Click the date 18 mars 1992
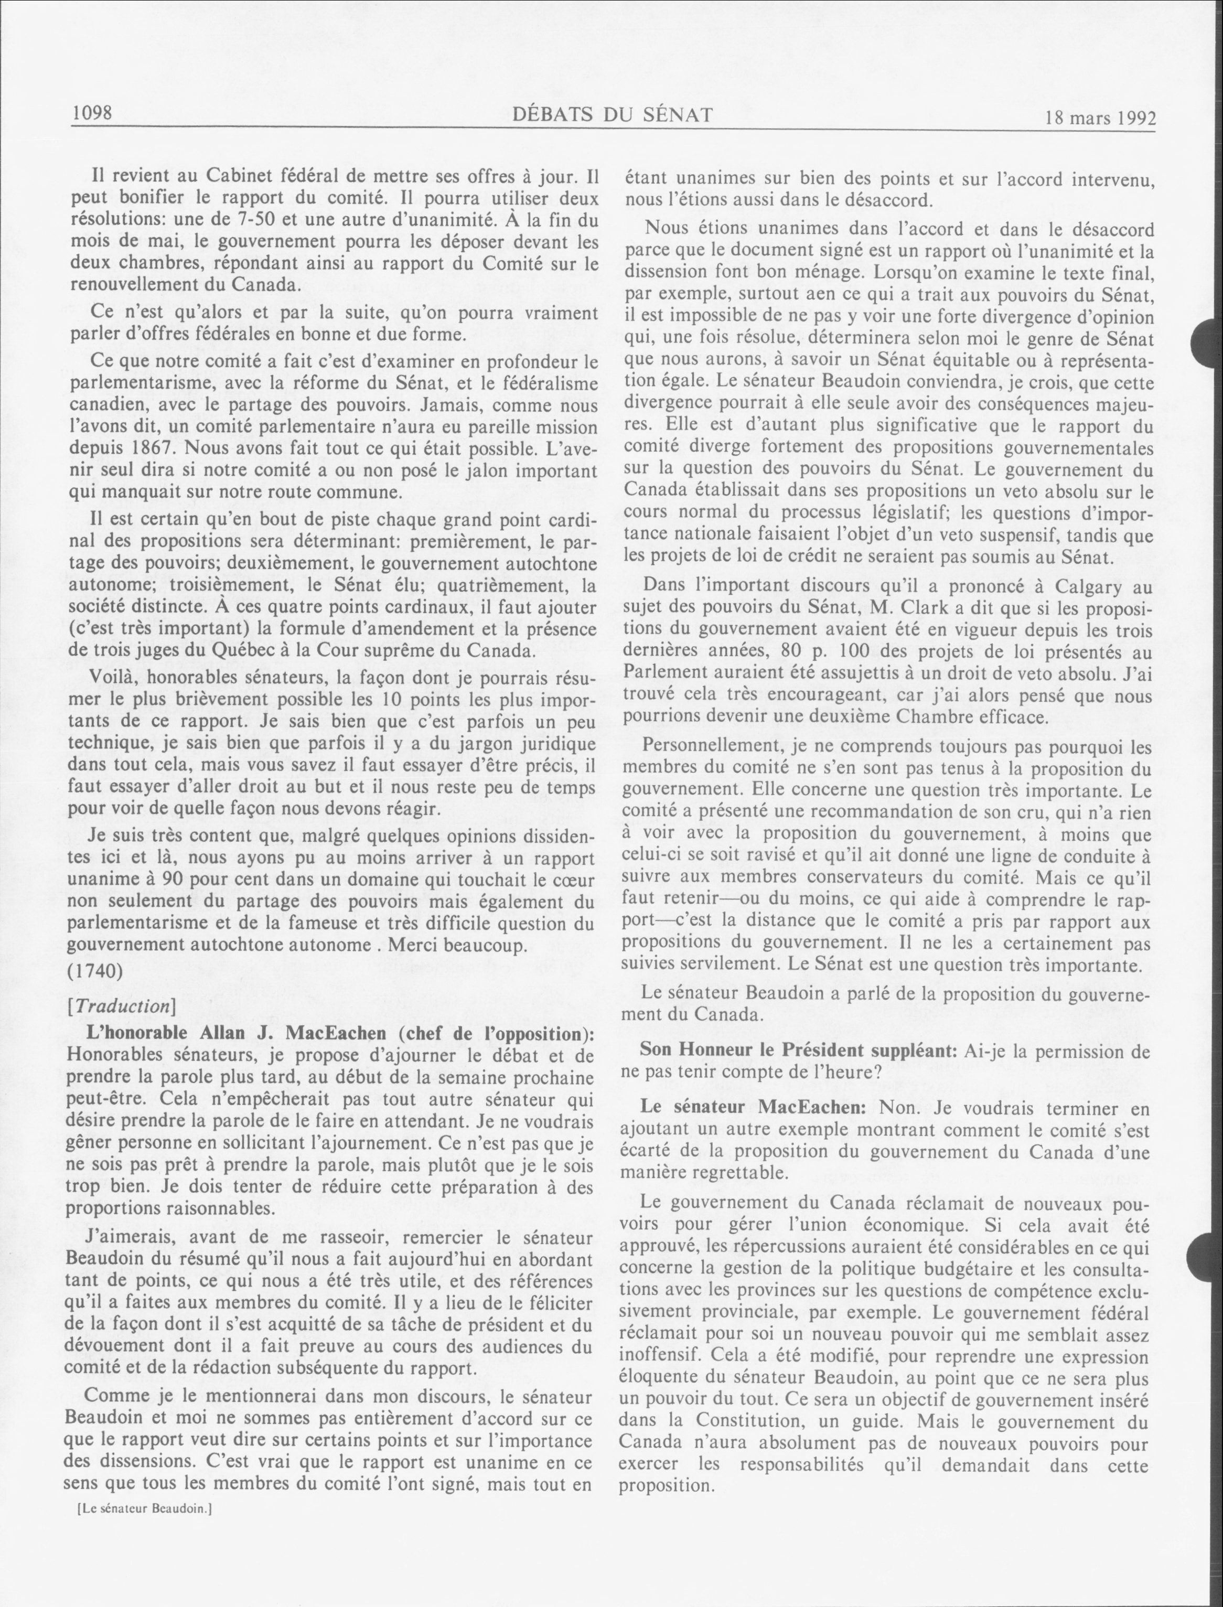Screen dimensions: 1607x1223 (x=1100, y=118)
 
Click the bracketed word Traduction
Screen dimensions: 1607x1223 (x=128, y=1006)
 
